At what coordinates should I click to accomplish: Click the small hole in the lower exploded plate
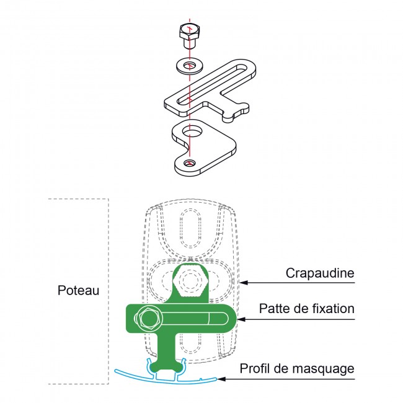(x=190, y=163)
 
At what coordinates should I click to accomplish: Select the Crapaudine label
(x=320, y=273)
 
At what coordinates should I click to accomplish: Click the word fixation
(x=332, y=308)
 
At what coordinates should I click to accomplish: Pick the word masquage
(x=324, y=369)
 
